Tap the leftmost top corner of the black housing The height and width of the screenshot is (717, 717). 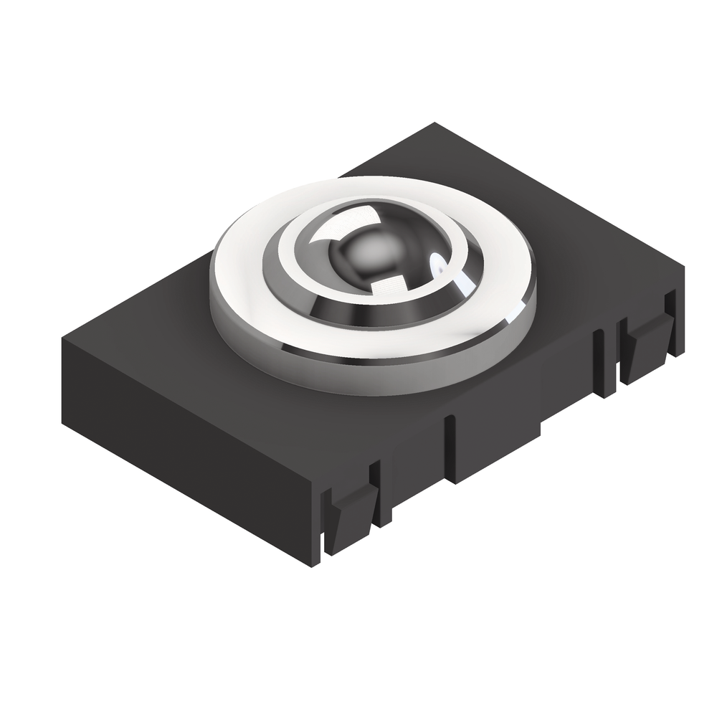[x=63, y=337]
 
